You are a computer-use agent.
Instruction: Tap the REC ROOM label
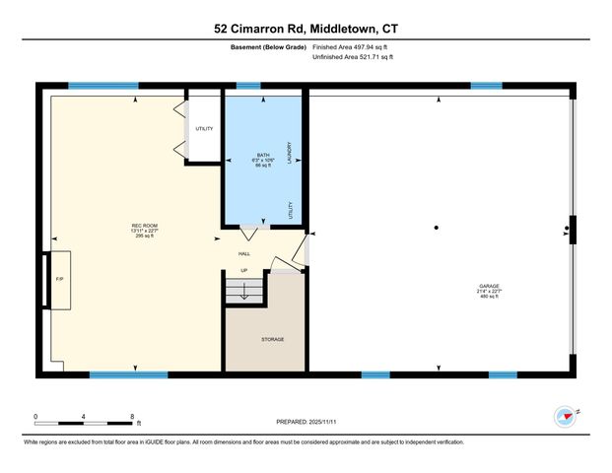[145, 226]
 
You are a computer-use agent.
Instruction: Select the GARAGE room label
[490, 286]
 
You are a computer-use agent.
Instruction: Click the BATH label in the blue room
[263, 155]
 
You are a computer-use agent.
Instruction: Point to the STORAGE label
[273, 339]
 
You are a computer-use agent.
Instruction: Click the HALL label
[244, 253]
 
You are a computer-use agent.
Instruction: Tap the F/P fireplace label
[59, 279]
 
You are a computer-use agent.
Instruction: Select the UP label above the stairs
[243, 271]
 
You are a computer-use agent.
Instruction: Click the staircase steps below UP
[243, 292]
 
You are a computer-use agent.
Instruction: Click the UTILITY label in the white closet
[204, 128]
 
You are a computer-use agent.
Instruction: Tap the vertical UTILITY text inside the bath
[290, 210]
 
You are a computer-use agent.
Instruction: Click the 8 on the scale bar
[132, 416]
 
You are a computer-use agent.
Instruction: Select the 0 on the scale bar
[35, 416]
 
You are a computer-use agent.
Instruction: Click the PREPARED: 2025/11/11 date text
[306, 422]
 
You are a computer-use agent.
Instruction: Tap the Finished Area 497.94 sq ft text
[352, 46]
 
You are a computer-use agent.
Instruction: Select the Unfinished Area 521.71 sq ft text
[352, 57]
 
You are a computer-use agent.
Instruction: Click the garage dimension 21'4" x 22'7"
[490, 292]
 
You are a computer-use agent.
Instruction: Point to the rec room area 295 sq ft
[145, 236]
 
